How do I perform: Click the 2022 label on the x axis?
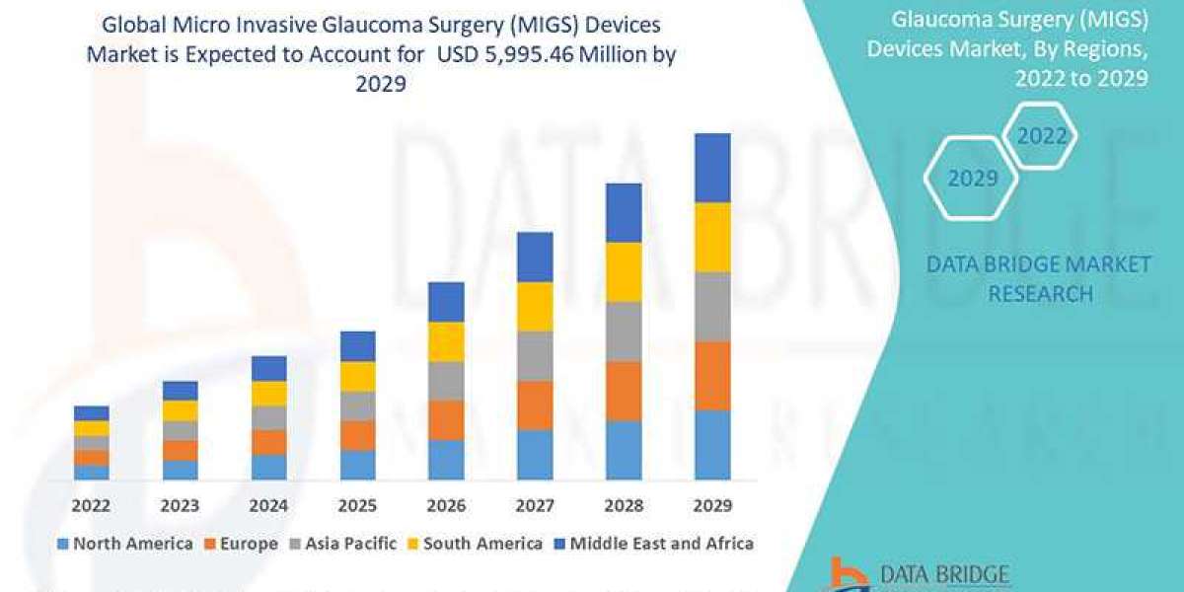[91, 505]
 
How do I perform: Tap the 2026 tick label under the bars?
[446, 505]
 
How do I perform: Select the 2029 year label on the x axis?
[712, 505]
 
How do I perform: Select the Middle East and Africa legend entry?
[659, 544]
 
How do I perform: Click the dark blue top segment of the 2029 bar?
[712, 168]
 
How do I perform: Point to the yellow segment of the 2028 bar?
[624, 271]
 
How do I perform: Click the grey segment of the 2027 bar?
[535, 355]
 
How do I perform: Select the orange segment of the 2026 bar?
[446, 419]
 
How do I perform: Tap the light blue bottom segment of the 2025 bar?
[357, 465]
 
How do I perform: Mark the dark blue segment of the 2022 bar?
[91, 412]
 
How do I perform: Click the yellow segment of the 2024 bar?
[268, 393]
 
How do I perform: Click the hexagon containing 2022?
[1042, 136]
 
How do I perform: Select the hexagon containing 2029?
[973, 179]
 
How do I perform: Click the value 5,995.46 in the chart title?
[557, 55]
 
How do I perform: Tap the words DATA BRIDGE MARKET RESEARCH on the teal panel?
[1040, 278]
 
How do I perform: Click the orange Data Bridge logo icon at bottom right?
[846, 574]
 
